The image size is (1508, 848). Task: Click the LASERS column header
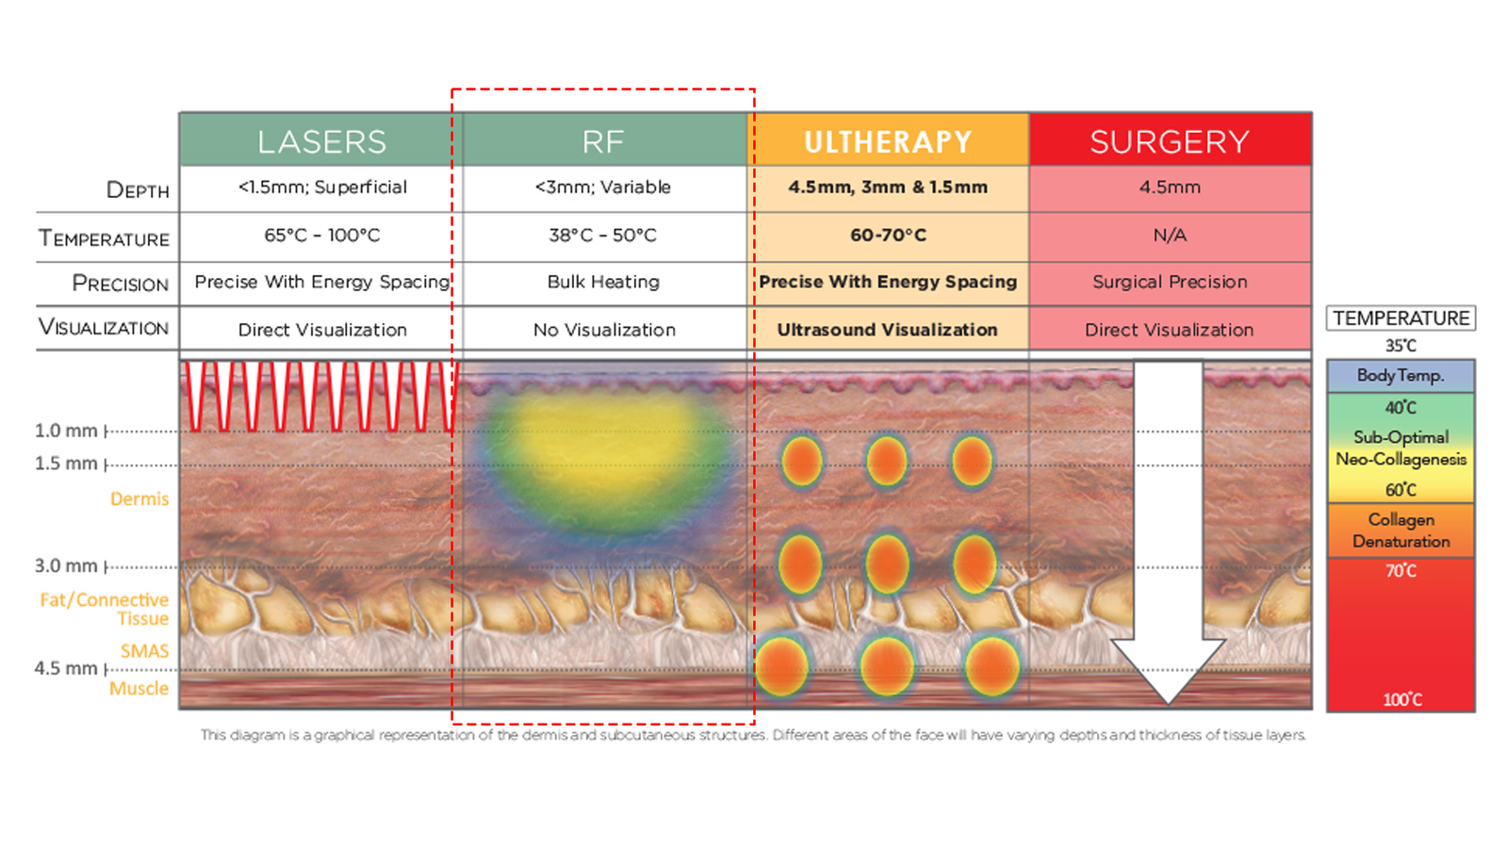pos(321,140)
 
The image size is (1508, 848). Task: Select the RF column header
pos(604,140)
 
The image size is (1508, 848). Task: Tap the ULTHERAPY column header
pos(888,140)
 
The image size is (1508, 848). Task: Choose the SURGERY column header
pos(1170,140)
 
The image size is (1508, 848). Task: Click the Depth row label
pos(138,189)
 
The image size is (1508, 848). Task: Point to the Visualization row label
pos(104,327)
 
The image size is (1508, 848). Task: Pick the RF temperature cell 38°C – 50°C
pos(602,236)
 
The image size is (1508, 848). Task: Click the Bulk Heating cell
pos(603,282)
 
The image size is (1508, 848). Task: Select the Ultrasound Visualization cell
pos(887,330)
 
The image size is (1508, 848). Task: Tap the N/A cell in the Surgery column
pos(1170,236)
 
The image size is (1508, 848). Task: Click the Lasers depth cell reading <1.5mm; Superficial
pos(322,188)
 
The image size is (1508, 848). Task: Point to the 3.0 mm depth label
pos(66,566)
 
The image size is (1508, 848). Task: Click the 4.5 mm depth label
pos(66,668)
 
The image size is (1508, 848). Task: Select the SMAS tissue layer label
pos(145,651)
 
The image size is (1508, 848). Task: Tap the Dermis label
pos(139,498)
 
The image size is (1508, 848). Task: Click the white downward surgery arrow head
pos(1168,670)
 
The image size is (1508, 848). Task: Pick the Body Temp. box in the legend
pos(1401,376)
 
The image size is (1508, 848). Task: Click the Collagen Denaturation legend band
pos(1401,530)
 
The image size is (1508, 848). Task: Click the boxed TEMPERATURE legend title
pos(1401,318)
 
